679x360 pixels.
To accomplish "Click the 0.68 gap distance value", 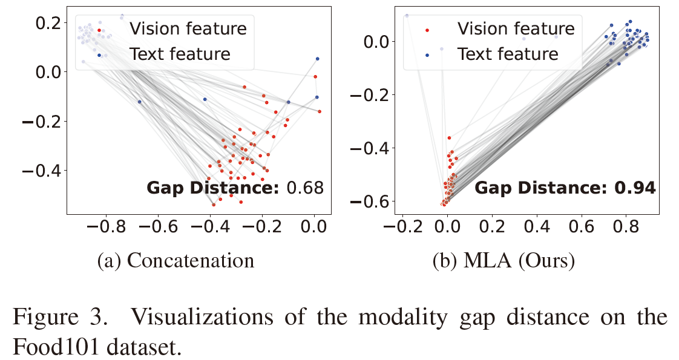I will click(x=305, y=188).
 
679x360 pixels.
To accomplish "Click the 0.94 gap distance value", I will click(x=635, y=188).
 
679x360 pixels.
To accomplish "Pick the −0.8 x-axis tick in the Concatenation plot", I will click(x=102, y=227).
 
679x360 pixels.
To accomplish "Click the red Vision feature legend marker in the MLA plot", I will click(x=428, y=29).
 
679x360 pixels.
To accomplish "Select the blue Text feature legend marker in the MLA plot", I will click(x=428, y=54).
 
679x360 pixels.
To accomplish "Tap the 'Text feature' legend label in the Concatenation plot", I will click(x=180, y=54).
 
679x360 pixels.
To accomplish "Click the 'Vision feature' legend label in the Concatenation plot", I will click(x=188, y=29).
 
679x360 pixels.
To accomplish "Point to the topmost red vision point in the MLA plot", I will click(x=449, y=138).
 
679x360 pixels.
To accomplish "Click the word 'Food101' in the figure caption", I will click(x=54, y=347).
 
